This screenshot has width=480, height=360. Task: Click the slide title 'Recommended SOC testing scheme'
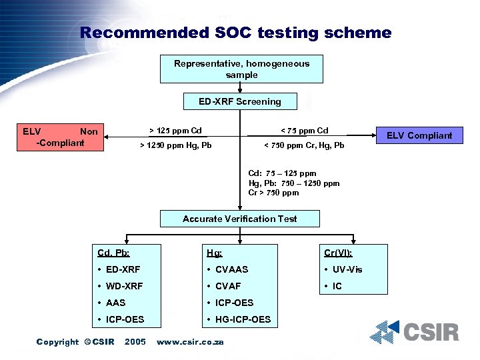point(235,32)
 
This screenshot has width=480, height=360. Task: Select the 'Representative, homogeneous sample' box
point(242,69)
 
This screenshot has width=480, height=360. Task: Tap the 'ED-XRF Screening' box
point(240,102)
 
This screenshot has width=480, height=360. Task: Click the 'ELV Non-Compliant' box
point(60,137)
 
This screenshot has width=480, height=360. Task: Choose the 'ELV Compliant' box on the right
point(420,135)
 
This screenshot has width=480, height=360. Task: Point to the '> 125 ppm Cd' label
point(175,130)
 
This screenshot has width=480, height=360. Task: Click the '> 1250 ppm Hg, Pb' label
point(175,145)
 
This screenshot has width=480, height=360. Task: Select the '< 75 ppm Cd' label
point(304,130)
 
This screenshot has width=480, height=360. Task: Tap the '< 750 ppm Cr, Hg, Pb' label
point(304,145)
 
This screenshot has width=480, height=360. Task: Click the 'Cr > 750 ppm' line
point(273,193)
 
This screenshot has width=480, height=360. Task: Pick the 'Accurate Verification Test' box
point(240,219)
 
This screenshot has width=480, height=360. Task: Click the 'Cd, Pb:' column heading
point(113,253)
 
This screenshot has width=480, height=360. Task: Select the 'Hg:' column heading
point(215,253)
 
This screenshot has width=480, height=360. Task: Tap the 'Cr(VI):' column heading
point(338,253)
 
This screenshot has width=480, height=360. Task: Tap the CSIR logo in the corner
point(415,331)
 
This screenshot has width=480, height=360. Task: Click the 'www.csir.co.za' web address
point(189,342)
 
